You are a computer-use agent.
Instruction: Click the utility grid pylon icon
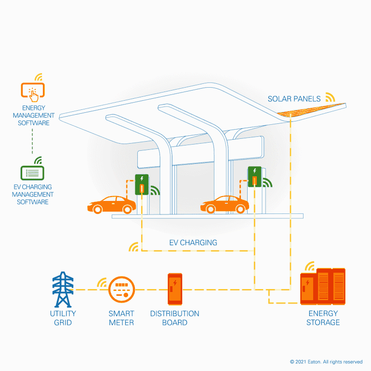point(63,290)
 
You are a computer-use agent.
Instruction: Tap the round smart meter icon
point(121,290)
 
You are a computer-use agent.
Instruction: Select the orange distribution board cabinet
point(174,289)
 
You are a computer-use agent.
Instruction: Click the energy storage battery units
point(323,286)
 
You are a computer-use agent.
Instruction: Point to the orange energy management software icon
point(33,91)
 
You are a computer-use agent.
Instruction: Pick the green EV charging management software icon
point(32,172)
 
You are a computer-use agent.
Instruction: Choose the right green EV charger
point(254,176)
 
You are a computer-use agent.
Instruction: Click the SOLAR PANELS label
point(294,99)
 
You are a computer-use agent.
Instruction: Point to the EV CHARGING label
point(193,243)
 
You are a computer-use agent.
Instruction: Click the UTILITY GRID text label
point(63,318)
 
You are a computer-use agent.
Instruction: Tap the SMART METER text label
point(121,318)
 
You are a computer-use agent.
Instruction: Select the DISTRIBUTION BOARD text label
point(174,318)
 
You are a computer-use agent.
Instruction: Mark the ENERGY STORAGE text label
point(323,318)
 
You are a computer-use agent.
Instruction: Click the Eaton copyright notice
point(326,362)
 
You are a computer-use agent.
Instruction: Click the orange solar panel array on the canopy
point(313,111)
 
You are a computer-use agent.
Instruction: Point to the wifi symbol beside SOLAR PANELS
point(330,97)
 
